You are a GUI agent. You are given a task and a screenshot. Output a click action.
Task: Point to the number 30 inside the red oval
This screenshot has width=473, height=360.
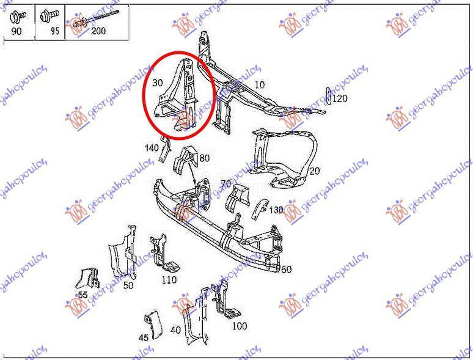(158, 82)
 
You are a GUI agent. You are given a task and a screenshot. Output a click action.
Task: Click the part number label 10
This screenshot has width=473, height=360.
(260, 85)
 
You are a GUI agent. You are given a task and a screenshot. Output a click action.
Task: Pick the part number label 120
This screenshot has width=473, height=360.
(339, 98)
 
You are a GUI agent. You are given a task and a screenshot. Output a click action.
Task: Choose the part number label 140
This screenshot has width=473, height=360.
(152, 148)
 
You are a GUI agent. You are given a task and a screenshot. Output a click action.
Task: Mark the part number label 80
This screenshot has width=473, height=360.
(204, 158)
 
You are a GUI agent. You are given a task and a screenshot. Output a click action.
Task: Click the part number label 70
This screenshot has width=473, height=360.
(226, 183)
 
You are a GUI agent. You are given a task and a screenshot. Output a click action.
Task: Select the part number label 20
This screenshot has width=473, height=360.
(315, 171)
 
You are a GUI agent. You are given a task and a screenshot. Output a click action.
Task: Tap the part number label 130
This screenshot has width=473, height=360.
(276, 210)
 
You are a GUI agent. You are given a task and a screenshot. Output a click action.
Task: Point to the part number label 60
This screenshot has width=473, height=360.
(286, 269)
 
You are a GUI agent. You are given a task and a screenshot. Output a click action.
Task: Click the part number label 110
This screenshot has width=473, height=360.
(169, 280)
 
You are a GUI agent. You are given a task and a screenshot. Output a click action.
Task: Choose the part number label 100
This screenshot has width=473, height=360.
(240, 326)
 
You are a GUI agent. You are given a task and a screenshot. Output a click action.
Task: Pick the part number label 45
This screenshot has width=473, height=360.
(144, 337)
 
